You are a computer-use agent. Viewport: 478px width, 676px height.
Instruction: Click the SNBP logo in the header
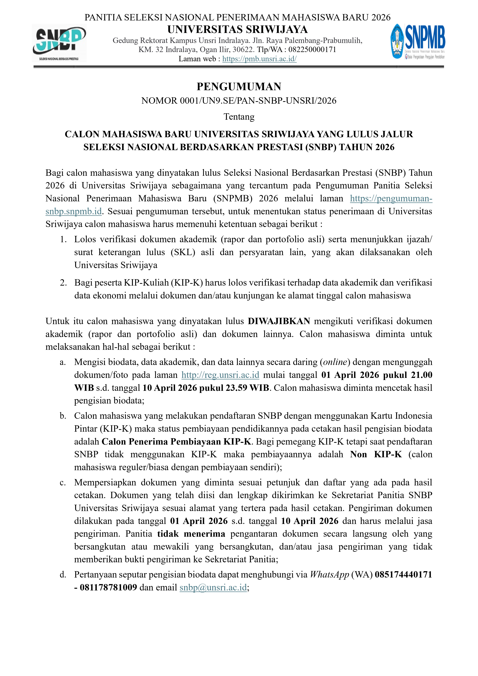point(59,43)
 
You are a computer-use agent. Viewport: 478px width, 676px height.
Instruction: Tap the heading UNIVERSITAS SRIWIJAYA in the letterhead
point(238,30)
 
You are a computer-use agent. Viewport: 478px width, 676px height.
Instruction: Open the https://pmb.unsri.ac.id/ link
point(259,59)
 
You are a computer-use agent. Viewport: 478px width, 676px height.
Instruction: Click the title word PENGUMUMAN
point(239,87)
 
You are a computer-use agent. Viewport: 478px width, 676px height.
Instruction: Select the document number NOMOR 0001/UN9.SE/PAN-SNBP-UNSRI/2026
point(239,101)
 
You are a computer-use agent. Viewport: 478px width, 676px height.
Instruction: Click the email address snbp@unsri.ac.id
point(213,587)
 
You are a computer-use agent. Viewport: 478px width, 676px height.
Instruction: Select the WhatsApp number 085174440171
point(403,574)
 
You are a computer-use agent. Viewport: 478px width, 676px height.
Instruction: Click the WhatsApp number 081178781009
point(108,587)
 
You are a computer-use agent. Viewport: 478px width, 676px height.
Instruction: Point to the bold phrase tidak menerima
point(191,534)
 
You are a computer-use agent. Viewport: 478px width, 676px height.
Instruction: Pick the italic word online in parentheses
point(335,362)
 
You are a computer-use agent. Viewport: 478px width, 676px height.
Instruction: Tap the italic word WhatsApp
point(329,574)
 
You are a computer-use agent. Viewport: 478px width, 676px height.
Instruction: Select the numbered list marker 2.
point(63,283)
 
